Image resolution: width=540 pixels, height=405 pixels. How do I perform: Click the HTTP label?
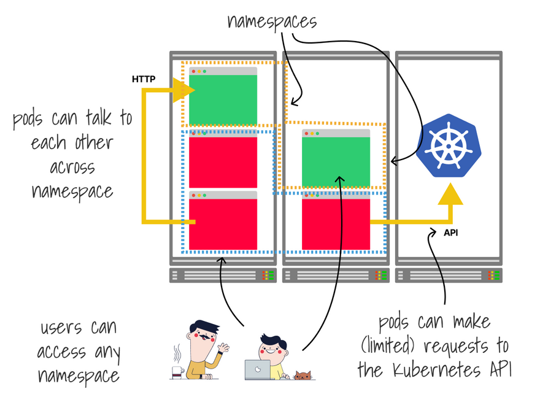click(143, 79)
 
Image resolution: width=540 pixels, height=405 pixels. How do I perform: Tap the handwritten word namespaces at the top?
click(272, 21)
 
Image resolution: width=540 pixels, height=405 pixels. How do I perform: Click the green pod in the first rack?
click(223, 99)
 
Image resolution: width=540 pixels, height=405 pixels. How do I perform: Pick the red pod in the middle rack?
click(336, 222)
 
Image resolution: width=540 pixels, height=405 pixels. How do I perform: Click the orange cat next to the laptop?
click(303, 374)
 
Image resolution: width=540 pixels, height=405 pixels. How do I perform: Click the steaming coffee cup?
click(178, 369)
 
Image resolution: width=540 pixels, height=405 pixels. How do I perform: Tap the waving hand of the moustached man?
click(225, 349)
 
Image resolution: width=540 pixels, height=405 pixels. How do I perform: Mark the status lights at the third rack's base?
click(492, 276)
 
